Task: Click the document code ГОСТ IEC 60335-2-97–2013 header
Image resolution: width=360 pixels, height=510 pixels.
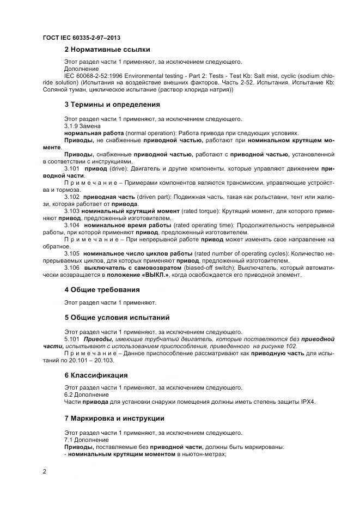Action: (82, 38)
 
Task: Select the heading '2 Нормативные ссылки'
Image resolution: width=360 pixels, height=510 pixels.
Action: (107, 50)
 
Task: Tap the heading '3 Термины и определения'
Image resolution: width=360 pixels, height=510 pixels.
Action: (112, 104)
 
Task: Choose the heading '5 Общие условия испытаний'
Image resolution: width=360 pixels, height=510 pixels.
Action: (117, 317)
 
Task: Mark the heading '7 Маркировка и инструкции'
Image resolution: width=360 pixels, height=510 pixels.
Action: (114, 418)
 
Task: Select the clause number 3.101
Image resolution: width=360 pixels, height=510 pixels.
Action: (73, 169)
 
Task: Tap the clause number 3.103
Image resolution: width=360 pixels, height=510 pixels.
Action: (72, 210)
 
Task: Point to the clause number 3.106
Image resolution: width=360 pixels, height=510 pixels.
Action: (73, 268)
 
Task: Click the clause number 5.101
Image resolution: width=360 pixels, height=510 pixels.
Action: (72, 339)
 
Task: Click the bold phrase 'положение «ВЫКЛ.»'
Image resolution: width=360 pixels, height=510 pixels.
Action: (139, 275)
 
